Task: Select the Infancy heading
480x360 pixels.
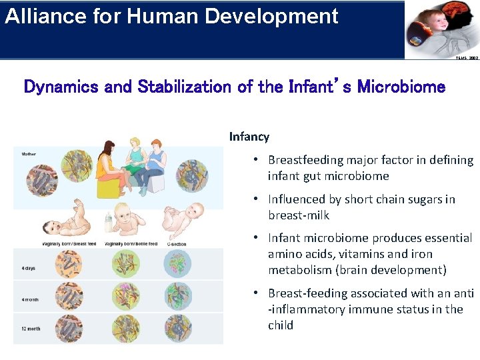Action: click(x=249, y=137)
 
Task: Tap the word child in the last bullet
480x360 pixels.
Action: click(x=281, y=325)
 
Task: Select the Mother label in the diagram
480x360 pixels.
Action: click(x=29, y=154)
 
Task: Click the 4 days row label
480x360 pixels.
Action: click(x=29, y=269)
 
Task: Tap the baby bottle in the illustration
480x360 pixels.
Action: click(x=109, y=222)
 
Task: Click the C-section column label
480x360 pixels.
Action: click(x=176, y=244)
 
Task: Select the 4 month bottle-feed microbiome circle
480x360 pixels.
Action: click(x=125, y=296)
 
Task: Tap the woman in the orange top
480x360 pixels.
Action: click(x=109, y=163)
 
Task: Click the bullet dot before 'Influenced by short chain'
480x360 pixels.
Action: click(x=255, y=199)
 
